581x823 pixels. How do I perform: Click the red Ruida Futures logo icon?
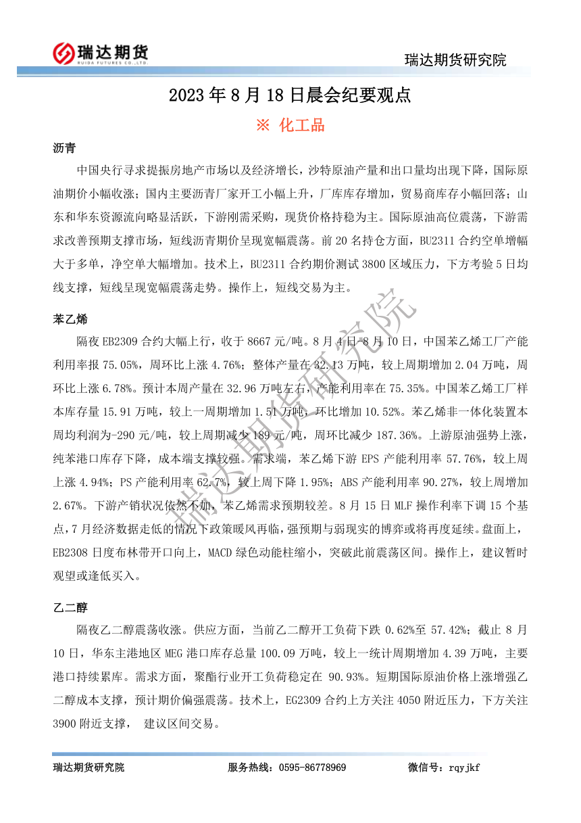[x=64, y=52]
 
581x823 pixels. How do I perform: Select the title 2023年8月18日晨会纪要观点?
[x=290, y=95]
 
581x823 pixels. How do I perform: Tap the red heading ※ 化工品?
[x=290, y=125]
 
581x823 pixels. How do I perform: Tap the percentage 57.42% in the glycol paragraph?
[x=445, y=630]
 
